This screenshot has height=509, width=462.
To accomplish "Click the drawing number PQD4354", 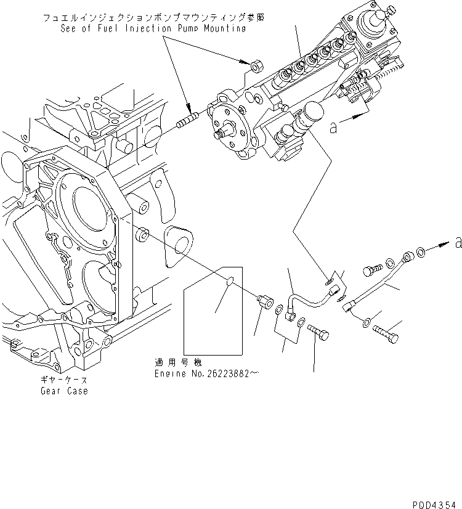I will pos(434,503).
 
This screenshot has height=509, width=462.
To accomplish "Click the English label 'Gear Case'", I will pos(64,391).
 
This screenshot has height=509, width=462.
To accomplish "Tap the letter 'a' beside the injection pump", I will pos(333,128).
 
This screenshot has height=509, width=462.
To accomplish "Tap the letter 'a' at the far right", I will pos(457,243).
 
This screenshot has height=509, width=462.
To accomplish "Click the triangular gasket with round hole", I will pos(179,241).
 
